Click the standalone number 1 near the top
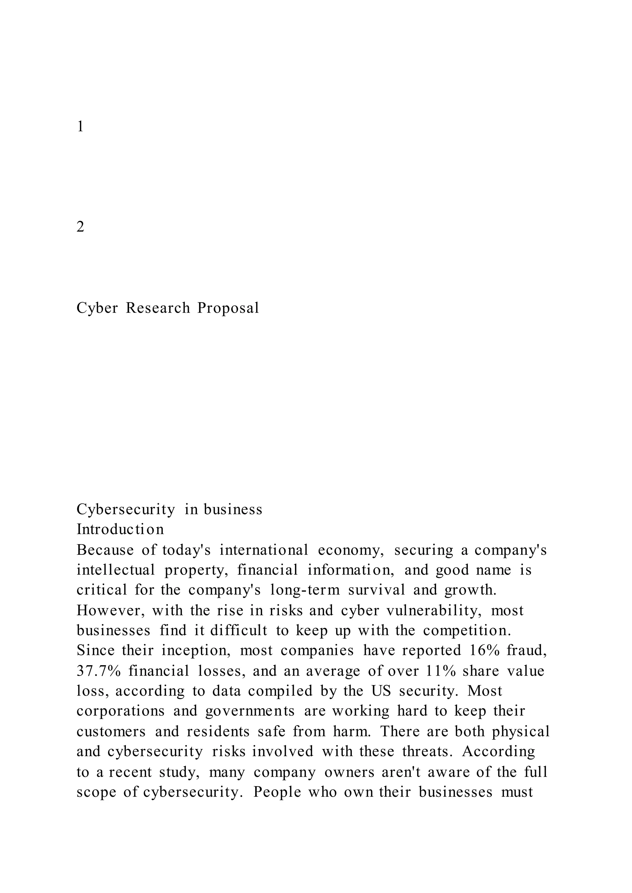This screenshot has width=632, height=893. pos(80,126)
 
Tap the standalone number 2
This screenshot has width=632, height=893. pos(80,226)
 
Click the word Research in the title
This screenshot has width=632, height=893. pos(158,308)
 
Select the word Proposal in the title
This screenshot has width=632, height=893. pos(228,308)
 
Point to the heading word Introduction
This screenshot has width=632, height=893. pos(120,529)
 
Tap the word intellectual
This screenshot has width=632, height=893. pos(116,570)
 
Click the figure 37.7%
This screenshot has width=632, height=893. pos(98,671)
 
